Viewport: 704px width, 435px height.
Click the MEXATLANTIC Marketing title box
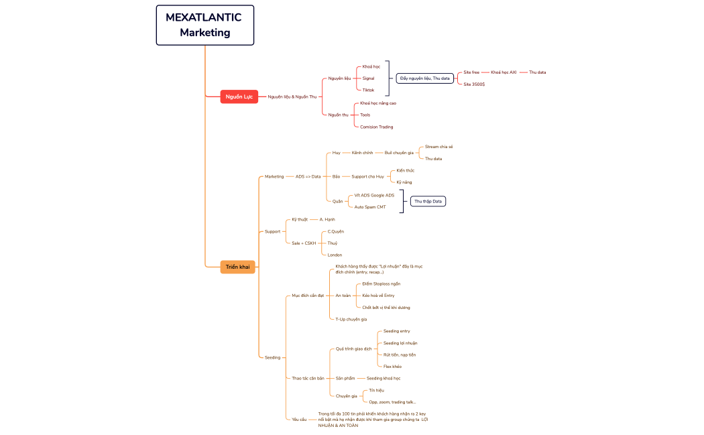pos(205,25)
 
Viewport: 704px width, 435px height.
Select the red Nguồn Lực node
pos(239,97)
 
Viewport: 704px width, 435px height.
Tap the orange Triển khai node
pos(237,267)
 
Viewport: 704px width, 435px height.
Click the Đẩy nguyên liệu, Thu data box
pos(424,78)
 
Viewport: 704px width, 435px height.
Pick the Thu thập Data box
pos(428,201)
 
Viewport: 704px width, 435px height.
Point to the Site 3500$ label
pos(474,84)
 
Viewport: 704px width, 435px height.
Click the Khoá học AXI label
pos(504,72)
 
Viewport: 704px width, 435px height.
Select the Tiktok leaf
pos(368,90)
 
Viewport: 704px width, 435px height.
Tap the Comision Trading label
pos(376,127)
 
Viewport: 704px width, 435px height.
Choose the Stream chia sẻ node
pos(439,147)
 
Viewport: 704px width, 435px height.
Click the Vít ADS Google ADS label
pos(374,195)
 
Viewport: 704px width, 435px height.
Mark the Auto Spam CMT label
pos(370,207)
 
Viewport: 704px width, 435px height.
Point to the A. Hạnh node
pos(327,219)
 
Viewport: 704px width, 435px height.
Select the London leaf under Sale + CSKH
pos(335,255)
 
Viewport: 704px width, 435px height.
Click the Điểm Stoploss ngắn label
pos(381,284)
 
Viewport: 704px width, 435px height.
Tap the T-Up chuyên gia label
pos(351,319)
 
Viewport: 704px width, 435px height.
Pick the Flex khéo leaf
pos(392,367)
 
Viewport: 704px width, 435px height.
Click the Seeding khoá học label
pos(384,378)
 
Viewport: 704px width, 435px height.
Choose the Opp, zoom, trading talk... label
pos(392,401)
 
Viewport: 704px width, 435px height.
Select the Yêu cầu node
pos(299,419)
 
